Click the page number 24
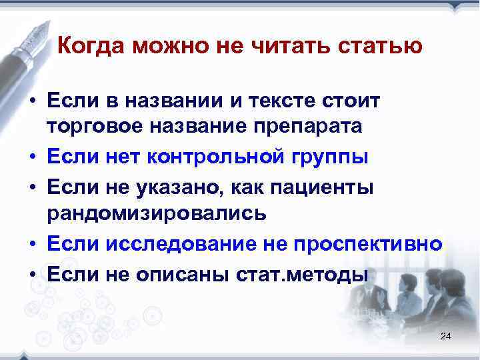coord(446,337)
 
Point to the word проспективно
coord(373,243)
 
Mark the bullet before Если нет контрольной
coord(32,159)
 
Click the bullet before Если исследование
coord(32,244)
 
